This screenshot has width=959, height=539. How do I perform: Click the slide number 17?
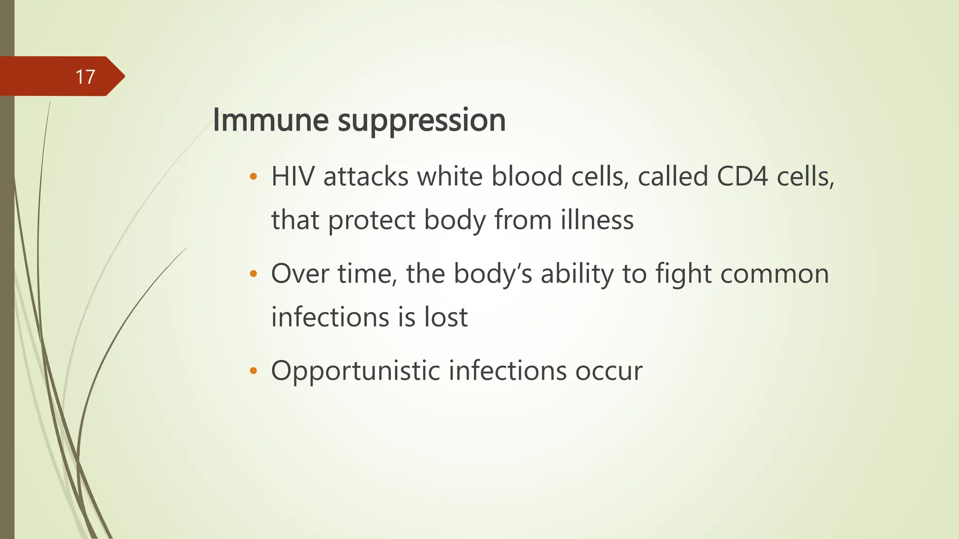click(85, 77)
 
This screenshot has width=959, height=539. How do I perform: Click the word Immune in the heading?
click(271, 120)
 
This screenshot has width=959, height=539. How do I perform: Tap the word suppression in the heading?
click(421, 122)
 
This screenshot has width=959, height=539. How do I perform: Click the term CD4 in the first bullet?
click(742, 177)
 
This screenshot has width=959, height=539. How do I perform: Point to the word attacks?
click(366, 177)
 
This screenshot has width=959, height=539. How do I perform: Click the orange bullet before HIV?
click(253, 177)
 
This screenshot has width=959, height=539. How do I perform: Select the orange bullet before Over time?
click(253, 274)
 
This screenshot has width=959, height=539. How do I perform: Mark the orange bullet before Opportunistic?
click(253, 371)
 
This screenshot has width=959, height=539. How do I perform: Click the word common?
click(775, 275)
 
